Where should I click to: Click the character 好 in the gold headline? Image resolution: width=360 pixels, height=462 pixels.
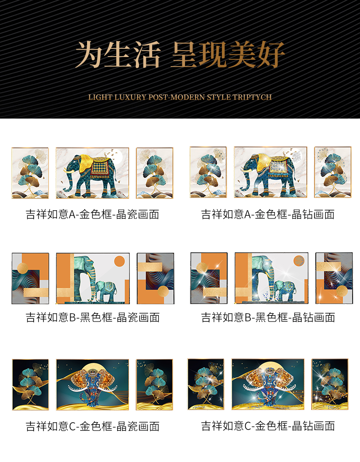(271, 55)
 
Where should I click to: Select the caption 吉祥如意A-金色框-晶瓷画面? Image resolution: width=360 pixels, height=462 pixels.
(93, 214)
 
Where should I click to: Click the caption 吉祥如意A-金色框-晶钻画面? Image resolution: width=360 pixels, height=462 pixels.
(268, 214)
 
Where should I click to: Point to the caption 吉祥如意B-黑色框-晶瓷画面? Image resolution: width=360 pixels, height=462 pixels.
(93, 317)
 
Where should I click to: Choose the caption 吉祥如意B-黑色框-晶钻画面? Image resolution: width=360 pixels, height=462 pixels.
(268, 317)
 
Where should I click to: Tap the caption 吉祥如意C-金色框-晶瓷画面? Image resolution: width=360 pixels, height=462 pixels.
(93, 426)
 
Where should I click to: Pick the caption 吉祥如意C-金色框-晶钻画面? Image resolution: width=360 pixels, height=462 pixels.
(268, 426)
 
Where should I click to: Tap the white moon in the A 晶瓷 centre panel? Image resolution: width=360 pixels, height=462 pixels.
(117, 156)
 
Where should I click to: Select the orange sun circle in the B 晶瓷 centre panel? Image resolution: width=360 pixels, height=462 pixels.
(119, 261)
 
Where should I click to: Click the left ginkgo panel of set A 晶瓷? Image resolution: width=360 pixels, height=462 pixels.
(30, 173)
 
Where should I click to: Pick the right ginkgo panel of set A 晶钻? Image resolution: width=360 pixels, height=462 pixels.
(333, 172)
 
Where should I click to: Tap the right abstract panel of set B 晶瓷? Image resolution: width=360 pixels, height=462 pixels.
(155, 278)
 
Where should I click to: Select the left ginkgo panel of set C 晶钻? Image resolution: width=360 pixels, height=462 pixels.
(206, 384)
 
